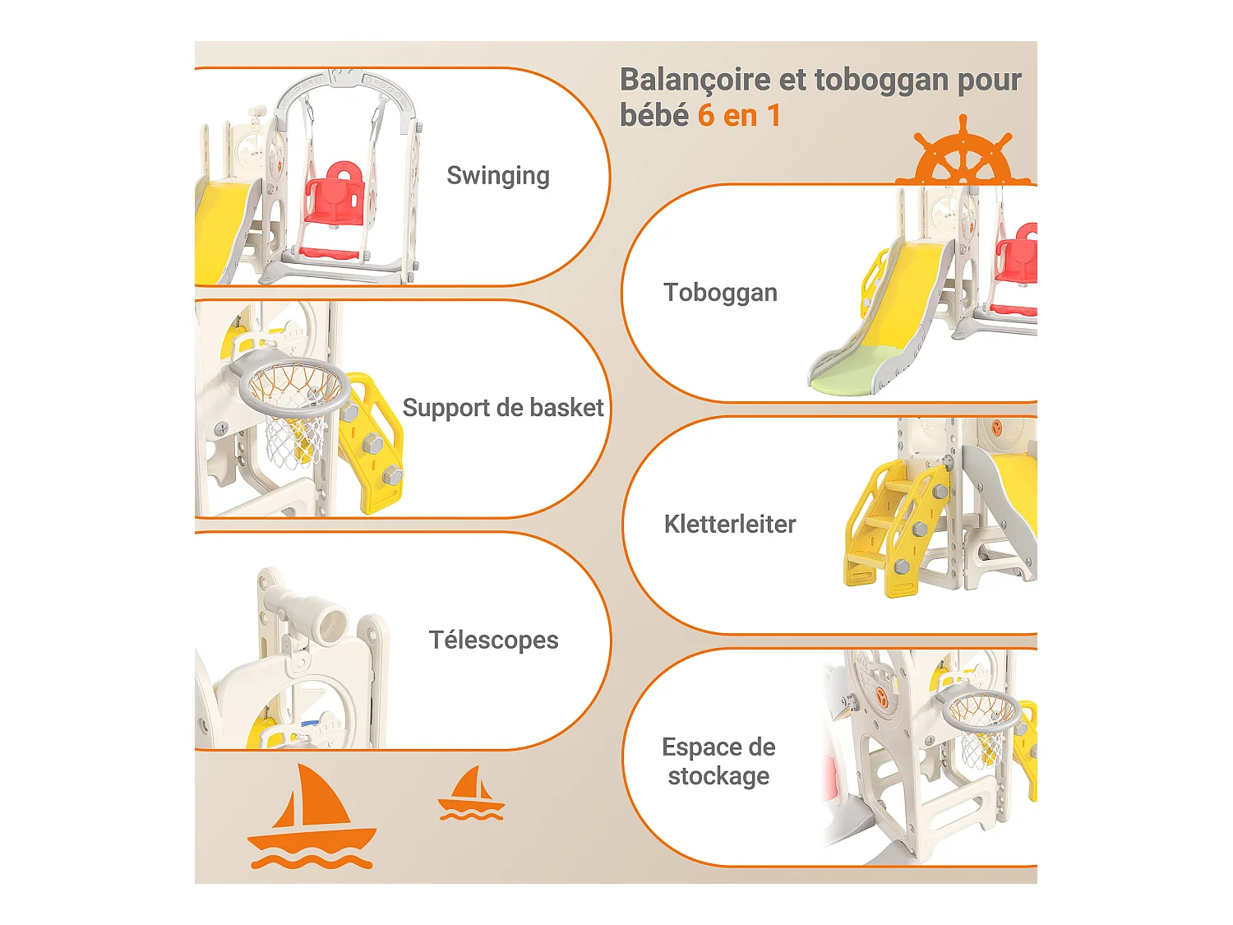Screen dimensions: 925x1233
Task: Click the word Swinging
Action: point(498,176)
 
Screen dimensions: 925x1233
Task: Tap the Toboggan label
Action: point(720,293)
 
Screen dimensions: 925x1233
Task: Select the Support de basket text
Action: point(503,408)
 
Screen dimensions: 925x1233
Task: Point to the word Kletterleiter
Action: point(730,525)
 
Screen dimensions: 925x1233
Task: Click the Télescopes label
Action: point(493,640)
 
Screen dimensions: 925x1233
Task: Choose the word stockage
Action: point(718,776)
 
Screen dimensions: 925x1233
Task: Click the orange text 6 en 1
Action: point(739,116)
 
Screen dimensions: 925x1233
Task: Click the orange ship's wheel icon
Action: point(963,155)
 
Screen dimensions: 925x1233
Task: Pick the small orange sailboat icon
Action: point(471,795)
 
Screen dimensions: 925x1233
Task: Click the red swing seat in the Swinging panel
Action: point(333,197)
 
